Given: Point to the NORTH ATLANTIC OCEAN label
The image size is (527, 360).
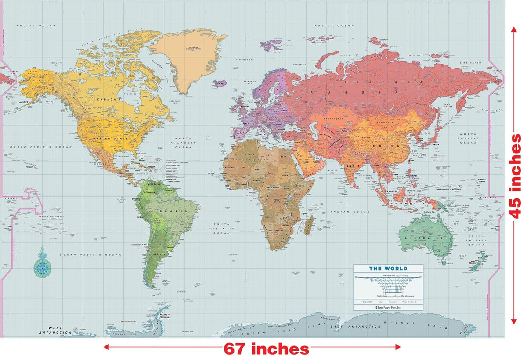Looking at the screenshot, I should click(184, 142).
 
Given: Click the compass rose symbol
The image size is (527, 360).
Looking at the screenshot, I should click(42, 265).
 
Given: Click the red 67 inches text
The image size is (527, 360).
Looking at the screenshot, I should click(266, 349).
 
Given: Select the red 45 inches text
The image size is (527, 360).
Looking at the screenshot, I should click(516, 176).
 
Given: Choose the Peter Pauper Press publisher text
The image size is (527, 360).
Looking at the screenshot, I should click(389, 307).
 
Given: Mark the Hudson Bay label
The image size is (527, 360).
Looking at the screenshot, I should click(133, 94).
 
